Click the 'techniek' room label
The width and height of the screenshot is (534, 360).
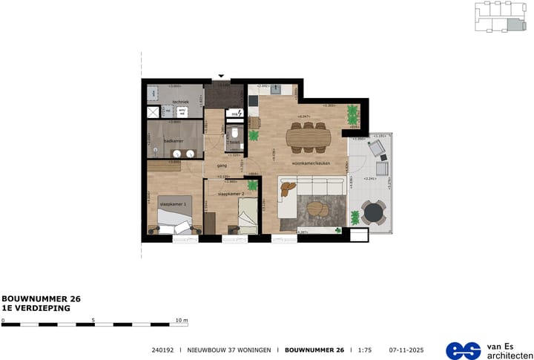point(181,102)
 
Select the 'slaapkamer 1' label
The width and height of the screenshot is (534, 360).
point(174,203)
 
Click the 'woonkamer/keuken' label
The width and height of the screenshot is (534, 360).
point(311,163)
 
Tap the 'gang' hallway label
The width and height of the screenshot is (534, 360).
point(221,166)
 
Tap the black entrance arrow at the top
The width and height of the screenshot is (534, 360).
point(221,76)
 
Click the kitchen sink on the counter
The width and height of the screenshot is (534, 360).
point(275,88)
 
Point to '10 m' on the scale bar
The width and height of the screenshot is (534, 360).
point(182,320)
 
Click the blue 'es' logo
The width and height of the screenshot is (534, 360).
point(464,350)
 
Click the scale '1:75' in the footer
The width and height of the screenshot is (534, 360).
point(364,350)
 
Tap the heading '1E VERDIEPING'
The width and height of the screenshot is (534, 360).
point(36,307)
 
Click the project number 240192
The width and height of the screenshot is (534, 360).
point(162,350)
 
